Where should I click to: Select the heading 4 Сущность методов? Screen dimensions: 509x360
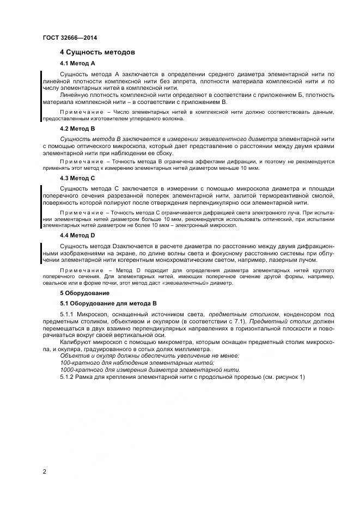pos(97,52)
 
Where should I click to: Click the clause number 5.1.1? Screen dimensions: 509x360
pos(68,315)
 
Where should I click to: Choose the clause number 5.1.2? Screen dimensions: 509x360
pos(68,377)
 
